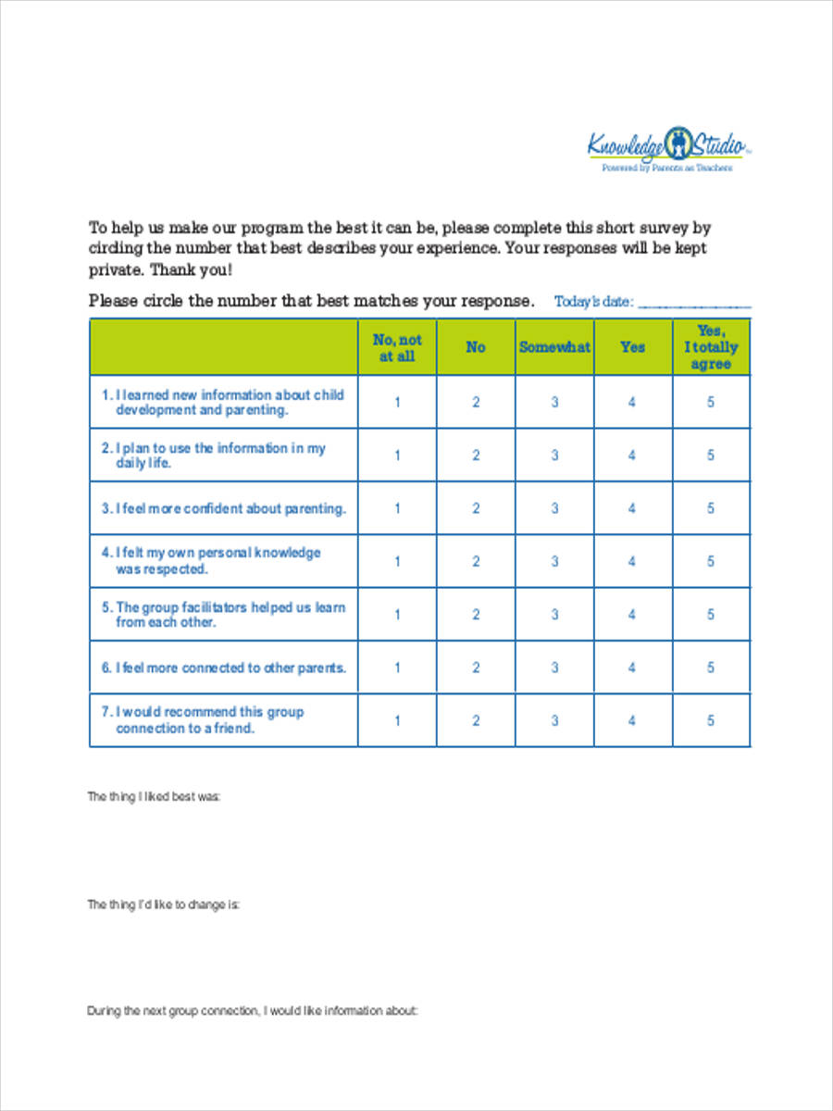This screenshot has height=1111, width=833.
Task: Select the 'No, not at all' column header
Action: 398,348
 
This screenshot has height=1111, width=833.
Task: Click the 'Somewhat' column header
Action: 554,347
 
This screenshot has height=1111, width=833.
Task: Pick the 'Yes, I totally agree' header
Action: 711,347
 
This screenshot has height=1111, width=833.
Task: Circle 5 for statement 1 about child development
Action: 711,402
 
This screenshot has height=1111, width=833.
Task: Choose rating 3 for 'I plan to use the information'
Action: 554,456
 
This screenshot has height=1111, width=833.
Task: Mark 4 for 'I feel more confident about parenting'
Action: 632,508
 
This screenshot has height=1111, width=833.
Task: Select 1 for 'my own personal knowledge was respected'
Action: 398,561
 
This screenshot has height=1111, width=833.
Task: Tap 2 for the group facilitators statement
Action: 476,615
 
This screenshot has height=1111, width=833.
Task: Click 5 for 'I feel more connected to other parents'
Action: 711,668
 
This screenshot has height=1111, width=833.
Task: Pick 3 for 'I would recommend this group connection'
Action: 554,721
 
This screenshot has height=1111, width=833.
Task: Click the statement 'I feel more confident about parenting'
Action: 224,508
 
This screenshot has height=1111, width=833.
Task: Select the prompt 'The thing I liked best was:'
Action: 154,796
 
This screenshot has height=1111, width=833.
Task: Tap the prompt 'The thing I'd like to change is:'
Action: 164,905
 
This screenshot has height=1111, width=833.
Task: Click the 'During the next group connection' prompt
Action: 253,1011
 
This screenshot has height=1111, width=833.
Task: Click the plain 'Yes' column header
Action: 632,347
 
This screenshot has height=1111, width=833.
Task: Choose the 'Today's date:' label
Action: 593,302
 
